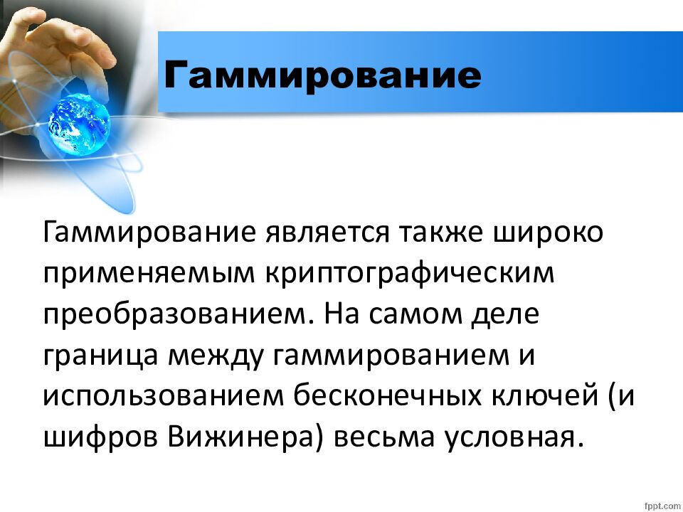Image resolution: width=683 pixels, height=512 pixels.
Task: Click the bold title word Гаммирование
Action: click(x=322, y=74)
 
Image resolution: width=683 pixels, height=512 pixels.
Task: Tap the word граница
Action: click(x=100, y=356)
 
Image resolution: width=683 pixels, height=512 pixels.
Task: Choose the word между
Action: click(x=214, y=356)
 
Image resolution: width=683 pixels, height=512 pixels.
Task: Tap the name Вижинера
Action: click(x=245, y=437)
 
